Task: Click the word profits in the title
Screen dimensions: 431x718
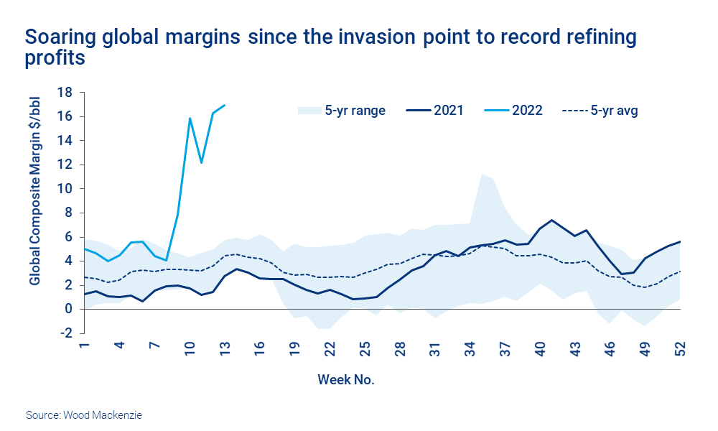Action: click(55, 57)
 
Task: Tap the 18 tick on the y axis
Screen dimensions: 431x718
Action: click(65, 93)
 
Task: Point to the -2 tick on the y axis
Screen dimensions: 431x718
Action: click(65, 333)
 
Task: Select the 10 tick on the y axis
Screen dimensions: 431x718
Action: click(65, 189)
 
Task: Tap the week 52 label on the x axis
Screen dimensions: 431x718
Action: click(680, 351)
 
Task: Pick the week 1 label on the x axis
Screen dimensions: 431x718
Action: click(84, 348)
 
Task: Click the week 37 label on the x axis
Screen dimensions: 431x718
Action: click(505, 351)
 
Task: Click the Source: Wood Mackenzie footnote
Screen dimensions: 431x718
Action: click(84, 415)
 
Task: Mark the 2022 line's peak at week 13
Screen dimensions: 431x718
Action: click(225, 105)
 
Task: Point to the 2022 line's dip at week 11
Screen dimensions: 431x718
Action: click(202, 163)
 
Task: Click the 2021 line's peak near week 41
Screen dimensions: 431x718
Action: click(551, 220)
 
